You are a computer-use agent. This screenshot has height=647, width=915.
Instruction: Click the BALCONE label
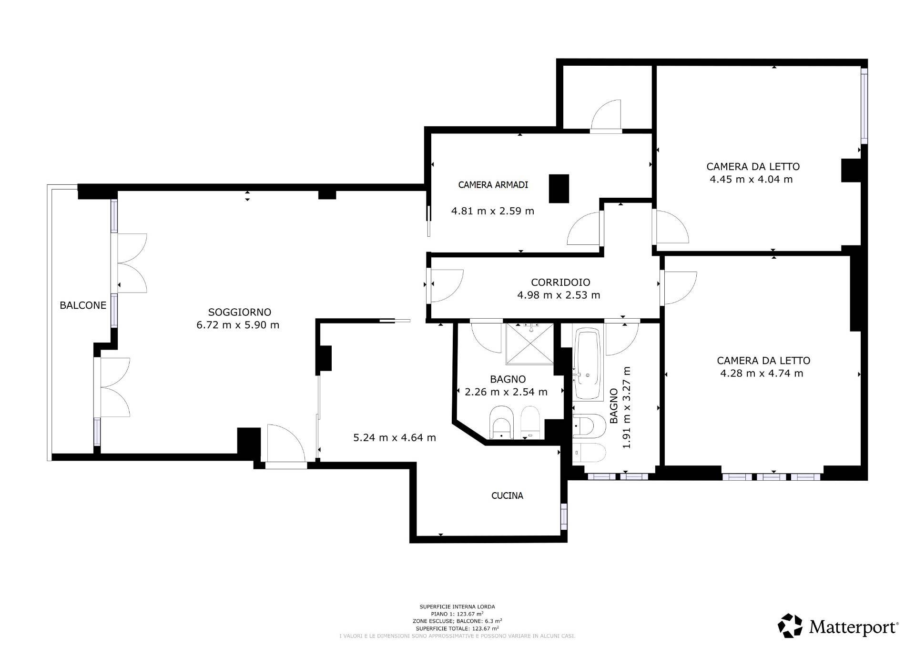pyautogui.click(x=83, y=305)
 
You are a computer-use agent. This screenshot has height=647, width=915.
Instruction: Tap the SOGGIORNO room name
pyautogui.click(x=240, y=312)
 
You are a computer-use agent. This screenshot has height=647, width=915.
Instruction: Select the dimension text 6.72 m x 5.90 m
pyautogui.click(x=238, y=325)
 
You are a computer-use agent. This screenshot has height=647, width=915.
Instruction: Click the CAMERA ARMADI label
pyautogui.click(x=493, y=185)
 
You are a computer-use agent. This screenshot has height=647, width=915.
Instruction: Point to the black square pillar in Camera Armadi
pyautogui.click(x=559, y=189)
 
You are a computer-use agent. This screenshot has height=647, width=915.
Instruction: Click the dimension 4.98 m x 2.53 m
pyautogui.click(x=559, y=295)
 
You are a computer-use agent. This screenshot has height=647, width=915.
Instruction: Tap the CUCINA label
pyautogui.click(x=507, y=496)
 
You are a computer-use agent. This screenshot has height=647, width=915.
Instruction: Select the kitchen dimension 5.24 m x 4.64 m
pyautogui.click(x=395, y=437)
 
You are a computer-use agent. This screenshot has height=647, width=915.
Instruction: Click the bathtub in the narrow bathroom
pyautogui.click(x=588, y=364)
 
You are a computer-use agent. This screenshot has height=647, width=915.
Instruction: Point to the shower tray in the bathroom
pyautogui.click(x=530, y=338)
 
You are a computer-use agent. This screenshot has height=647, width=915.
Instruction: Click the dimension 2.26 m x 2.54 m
pyautogui.click(x=506, y=392)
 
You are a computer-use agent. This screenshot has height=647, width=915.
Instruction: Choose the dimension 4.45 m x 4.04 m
pyautogui.click(x=752, y=180)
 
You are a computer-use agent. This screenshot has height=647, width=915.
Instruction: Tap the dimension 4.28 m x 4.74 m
pyautogui.click(x=762, y=374)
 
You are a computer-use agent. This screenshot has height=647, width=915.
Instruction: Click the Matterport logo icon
pyautogui.click(x=790, y=626)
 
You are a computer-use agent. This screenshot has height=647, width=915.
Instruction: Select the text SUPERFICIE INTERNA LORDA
pyautogui.click(x=457, y=607)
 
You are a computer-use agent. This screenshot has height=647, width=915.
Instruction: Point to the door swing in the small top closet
pyautogui.click(x=606, y=115)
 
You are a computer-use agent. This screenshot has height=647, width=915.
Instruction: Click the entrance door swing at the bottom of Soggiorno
pyautogui.click(x=286, y=443)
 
